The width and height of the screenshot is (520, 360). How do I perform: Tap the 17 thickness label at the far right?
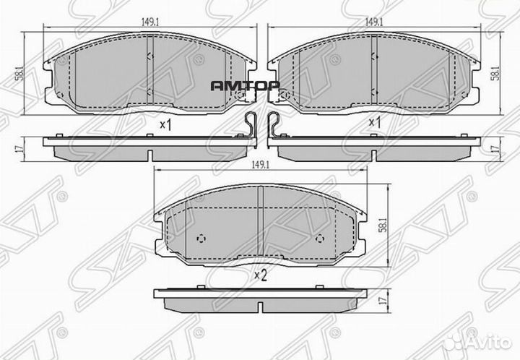[x=497, y=148]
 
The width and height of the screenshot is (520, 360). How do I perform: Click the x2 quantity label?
[x=260, y=275]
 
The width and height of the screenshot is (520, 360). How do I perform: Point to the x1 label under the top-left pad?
[x=165, y=124]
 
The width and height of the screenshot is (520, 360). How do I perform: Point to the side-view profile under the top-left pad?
[x=148, y=147]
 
